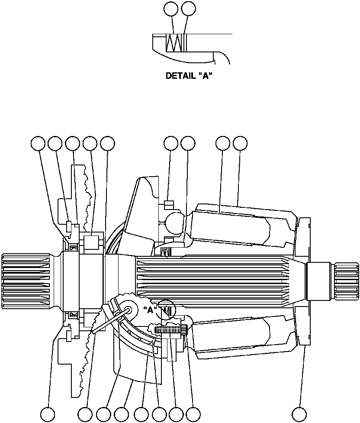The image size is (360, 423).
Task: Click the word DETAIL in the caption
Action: [180, 76]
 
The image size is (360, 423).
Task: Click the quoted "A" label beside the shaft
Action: [149, 310]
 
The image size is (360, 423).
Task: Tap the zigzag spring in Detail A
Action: [175, 43]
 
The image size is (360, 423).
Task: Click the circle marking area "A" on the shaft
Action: [167, 309]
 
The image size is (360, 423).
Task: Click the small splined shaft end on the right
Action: [346, 281]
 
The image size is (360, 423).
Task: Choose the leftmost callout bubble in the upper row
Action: [39, 144]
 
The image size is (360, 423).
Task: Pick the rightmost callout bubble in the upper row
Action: [240, 144]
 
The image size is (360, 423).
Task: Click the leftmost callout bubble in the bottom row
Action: [48, 414]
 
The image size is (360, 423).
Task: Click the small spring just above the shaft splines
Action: [164, 252]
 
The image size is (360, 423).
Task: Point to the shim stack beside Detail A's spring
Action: [185, 43]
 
